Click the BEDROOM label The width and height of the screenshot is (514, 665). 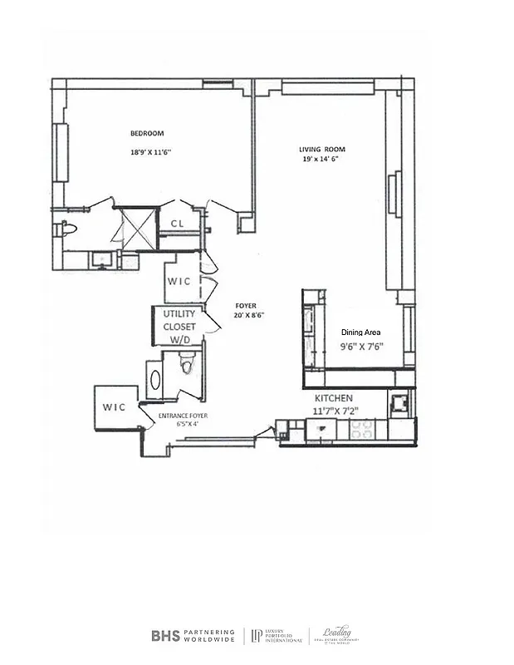coord(147,133)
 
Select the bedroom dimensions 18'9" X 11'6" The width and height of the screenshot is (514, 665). coord(150,152)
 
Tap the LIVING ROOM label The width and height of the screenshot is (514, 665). coord(322,150)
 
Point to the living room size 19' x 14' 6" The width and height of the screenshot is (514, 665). coord(320,159)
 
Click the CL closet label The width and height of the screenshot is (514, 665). coord(177,224)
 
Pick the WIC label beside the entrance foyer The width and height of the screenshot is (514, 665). coord(115,407)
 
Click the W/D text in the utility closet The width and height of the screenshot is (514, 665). coord(179,339)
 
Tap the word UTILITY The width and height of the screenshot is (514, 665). coord(179,314)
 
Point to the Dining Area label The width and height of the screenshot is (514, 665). coord(362,332)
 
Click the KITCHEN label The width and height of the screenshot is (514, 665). coord(333,399)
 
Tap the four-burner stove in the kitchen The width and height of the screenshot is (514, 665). coord(362,429)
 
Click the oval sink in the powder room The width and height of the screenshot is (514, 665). coord(155,380)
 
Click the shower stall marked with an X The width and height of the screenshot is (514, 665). coord(135,228)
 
